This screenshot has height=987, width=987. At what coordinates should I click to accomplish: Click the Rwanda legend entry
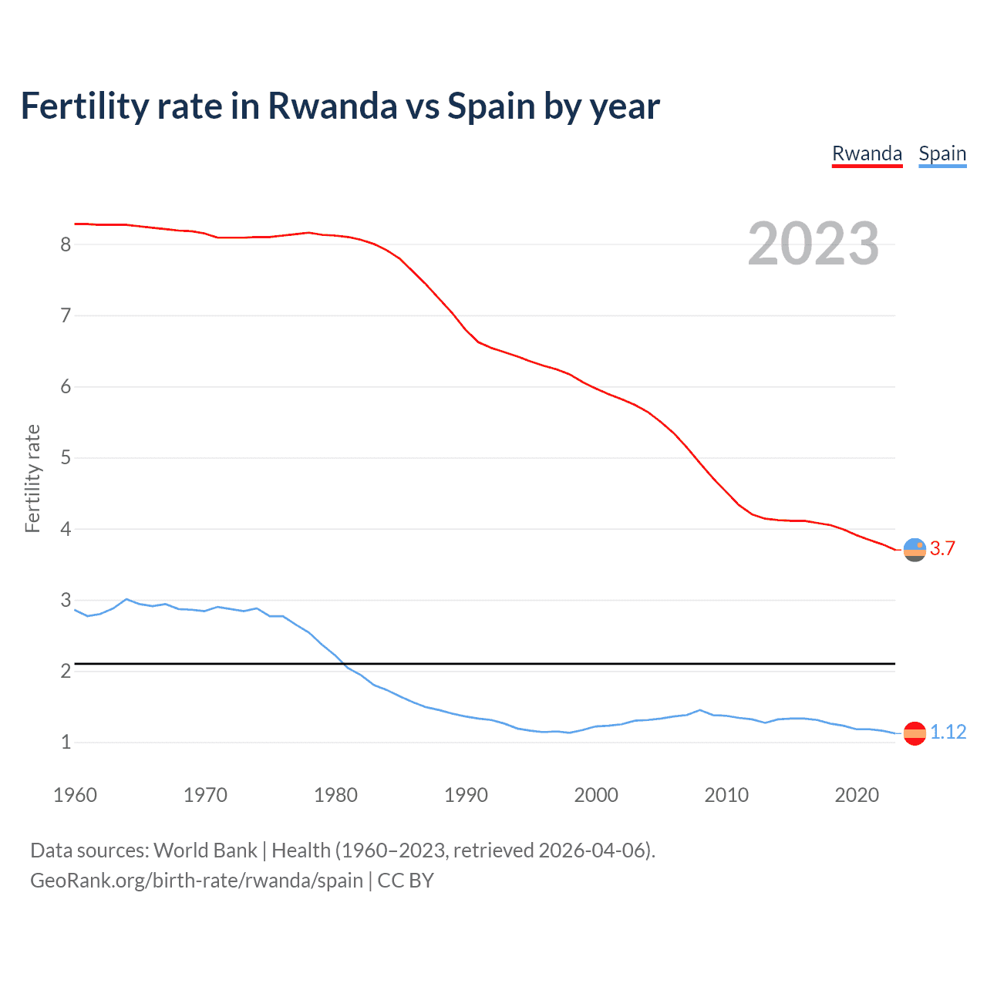click(867, 153)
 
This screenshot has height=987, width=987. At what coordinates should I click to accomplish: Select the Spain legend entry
click(942, 153)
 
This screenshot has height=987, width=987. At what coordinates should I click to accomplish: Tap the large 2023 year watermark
click(814, 244)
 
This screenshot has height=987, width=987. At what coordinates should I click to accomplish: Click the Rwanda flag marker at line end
click(915, 550)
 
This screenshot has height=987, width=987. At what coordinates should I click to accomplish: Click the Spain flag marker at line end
click(915, 733)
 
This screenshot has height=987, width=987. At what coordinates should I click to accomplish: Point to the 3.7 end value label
click(942, 548)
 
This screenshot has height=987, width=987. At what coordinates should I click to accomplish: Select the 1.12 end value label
click(948, 732)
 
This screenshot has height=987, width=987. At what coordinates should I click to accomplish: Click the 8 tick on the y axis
click(66, 244)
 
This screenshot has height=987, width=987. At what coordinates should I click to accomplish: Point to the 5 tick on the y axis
click(66, 458)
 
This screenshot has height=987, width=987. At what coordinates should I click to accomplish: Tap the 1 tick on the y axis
click(66, 743)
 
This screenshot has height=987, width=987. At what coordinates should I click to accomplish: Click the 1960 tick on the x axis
click(75, 795)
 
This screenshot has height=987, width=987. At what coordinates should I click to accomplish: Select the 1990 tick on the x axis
click(466, 795)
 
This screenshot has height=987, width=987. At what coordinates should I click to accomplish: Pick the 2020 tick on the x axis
click(857, 795)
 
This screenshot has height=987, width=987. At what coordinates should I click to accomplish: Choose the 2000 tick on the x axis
click(596, 795)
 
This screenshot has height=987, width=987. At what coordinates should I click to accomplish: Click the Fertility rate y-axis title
click(32, 478)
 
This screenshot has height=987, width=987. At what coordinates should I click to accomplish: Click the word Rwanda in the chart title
click(332, 106)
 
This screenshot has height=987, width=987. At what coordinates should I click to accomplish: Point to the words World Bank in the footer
click(205, 851)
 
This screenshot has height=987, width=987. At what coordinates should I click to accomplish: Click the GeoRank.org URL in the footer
click(196, 881)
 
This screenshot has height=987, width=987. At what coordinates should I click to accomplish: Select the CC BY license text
click(406, 881)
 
